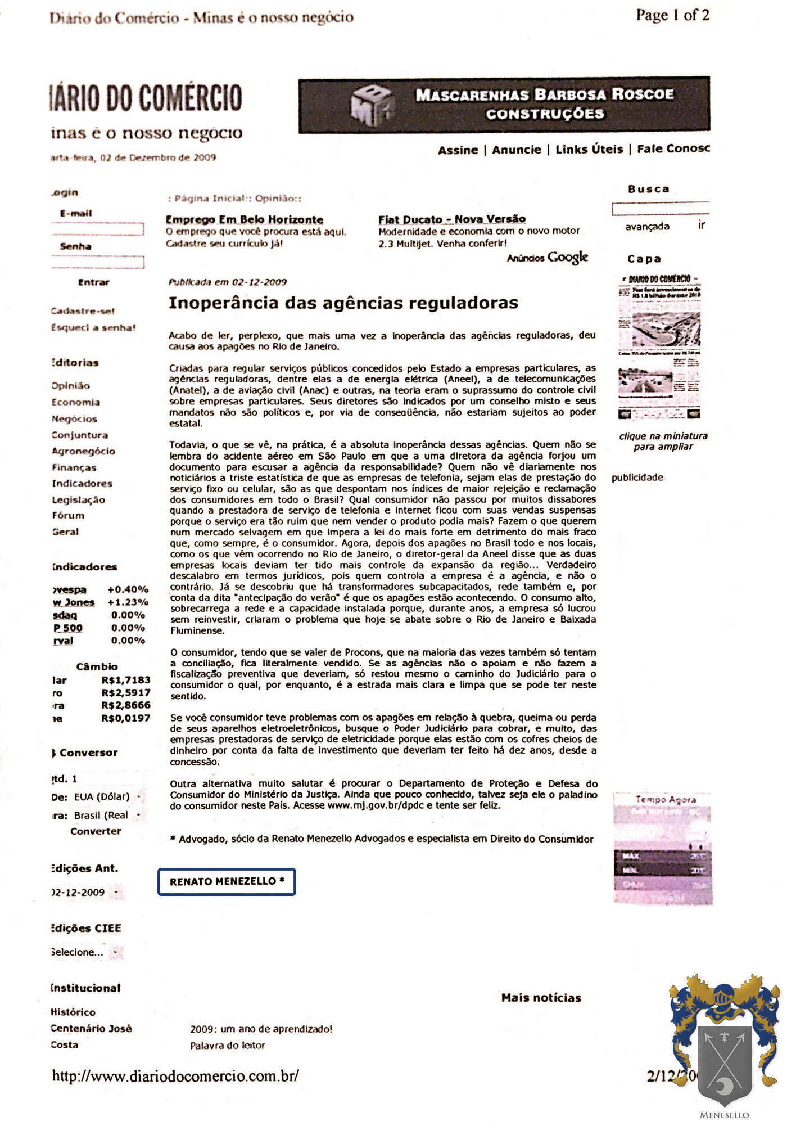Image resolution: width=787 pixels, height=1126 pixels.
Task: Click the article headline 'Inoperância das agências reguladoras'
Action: pyautogui.click(x=343, y=303)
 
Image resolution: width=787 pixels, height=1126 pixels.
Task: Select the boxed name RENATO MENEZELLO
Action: pyautogui.click(x=227, y=881)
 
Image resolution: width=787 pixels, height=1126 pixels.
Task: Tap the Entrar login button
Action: pyautogui.click(x=93, y=282)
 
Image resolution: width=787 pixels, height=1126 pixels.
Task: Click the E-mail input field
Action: pyautogui.click(x=98, y=229)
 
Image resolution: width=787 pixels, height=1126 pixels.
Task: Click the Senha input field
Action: pyautogui.click(x=98, y=262)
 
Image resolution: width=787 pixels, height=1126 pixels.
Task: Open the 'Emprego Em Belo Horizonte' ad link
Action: pyautogui.click(x=244, y=220)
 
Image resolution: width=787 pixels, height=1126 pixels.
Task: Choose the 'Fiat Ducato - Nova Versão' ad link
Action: pyautogui.click(x=452, y=219)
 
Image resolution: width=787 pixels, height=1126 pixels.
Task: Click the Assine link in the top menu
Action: pyautogui.click(x=458, y=150)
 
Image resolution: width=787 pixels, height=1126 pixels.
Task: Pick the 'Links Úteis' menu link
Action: pyautogui.click(x=589, y=150)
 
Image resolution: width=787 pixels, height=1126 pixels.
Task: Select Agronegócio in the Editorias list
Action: pyautogui.click(x=83, y=451)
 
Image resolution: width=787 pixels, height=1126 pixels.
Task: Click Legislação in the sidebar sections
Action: pyautogui.click(x=78, y=500)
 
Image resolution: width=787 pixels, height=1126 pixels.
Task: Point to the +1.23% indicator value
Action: pyautogui.click(x=128, y=602)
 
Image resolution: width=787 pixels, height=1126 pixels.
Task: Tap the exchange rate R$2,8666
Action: pyautogui.click(x=126, y=705)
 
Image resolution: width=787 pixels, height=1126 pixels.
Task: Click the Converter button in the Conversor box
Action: pyautogui.click(x=96, y=831)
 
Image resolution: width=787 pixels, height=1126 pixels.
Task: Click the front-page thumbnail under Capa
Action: pyautogui.click(x=659, y=347)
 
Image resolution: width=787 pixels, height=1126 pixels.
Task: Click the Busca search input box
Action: pyautogui.click(x=660, y=209)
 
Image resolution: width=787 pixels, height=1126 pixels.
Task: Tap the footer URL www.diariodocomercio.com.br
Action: pyautogui.click(x=175, y=1076)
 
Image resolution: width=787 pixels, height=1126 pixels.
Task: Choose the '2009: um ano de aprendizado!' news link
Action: pyautogui.click(x=261, y=1029)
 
